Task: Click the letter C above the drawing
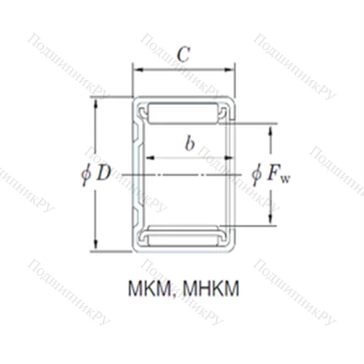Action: pyautogui.click(x=184, y=53)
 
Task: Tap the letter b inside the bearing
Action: pyautogui.click(x=189, y=143)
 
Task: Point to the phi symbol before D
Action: pyautogui.click(x=86, y=175)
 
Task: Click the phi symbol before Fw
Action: pyautogui.click(x=257, y=175)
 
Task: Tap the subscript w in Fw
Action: pyautogui.click(x=287, y=178)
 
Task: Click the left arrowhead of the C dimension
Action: pyautogui.click(x=135, y=71)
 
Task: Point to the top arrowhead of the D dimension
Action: pyautogui.click(x=95, y=100)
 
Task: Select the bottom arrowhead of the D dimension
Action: pyautogui.click(x=95, y=247)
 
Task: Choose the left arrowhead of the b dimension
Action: pyautogui.click(x=151, y=157)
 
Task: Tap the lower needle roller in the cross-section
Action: pyautogui.click(x=186, y=237)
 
